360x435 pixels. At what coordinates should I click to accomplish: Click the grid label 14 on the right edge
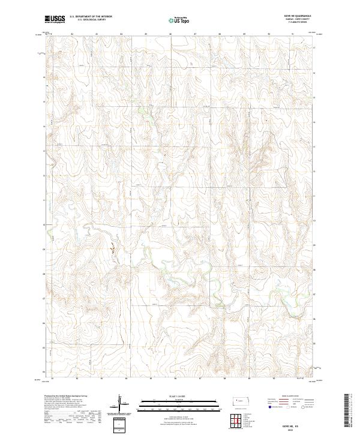[x=313, y=146]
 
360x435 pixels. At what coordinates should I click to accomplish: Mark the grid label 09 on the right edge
[x=313, y=245]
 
